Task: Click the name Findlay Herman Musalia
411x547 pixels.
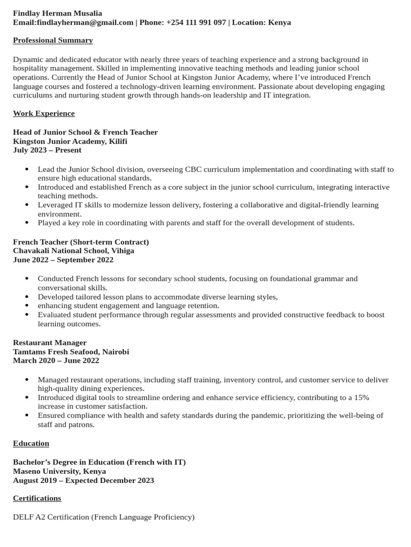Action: click(57, 13)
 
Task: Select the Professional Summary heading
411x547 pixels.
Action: click(53, 41)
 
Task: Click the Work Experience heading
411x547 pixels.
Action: click(44, 114)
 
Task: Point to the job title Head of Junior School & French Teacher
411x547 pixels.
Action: click(85, 132)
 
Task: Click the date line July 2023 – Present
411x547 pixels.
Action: click(48, 151)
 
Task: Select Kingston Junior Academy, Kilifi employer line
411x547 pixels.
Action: click(70, 142)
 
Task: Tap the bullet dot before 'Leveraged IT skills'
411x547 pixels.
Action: click(27, 205)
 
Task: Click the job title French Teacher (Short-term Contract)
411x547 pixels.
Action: click(81, 242)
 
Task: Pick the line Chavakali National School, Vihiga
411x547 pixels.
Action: click(73, 251)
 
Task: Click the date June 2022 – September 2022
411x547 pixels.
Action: click(63, 260)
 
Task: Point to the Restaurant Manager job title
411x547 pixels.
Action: click(50, 342)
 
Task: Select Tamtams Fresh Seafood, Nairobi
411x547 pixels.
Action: click(71, 352)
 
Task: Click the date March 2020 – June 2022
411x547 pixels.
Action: click(56, 361)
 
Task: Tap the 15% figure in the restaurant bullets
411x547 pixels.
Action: click(362, 398)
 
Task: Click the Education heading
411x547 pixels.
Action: click(31, 443)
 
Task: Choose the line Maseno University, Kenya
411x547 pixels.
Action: click(59, 471)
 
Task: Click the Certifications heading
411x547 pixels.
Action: click(37, 498)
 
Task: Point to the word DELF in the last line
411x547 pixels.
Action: click(22, 517)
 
